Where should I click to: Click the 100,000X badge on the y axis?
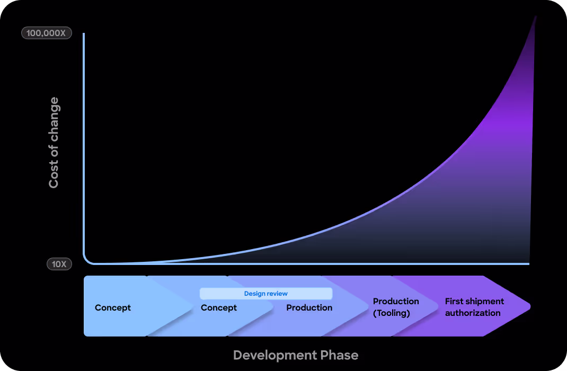[46, 33]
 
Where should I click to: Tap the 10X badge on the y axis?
[59, 263]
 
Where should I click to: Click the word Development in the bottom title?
[274, 355]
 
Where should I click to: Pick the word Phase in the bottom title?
[339, 355]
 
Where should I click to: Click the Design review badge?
[266, 294]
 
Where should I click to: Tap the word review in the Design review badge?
[277, 294]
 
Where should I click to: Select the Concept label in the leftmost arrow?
[113, 308]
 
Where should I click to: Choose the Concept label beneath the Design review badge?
[219, 308]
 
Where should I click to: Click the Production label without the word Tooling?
[309, 308]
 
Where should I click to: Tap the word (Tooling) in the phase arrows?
[392, 313]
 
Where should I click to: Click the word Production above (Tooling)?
[396, 302]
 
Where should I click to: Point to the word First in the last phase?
[455, 302]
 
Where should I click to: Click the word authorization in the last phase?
[473, 313]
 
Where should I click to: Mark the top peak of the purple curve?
[536, 17]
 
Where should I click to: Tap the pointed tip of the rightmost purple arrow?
[529, 306]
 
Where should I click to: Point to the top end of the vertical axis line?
[84, 34]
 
